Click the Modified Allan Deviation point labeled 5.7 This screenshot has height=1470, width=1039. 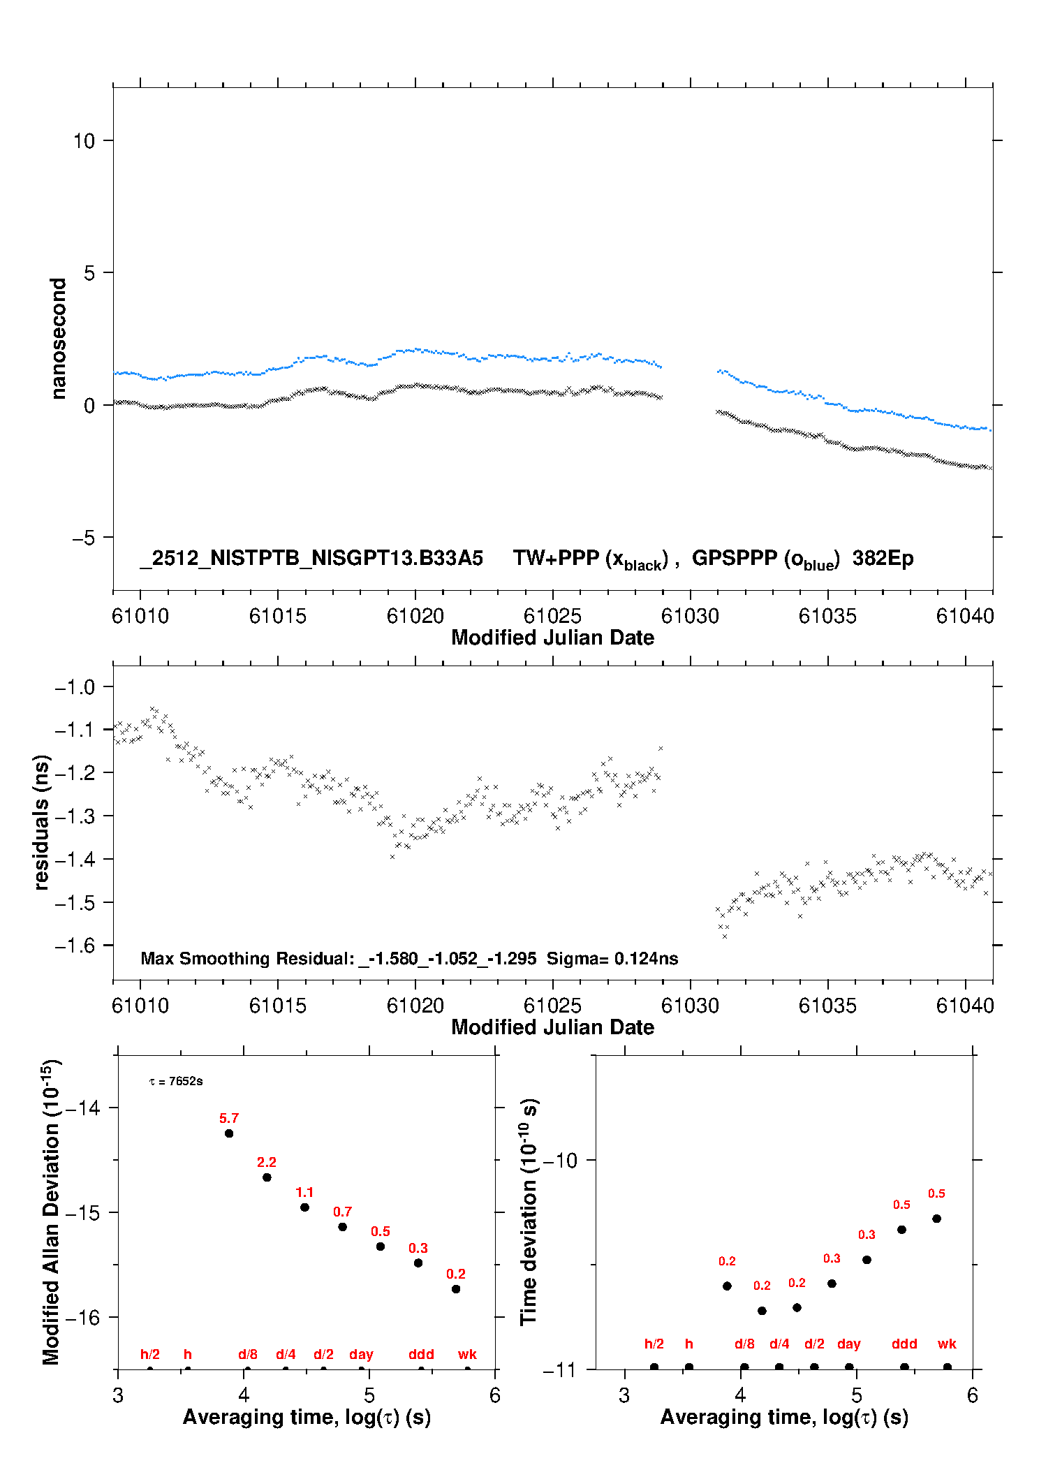229,1133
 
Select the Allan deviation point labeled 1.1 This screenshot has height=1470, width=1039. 304,1207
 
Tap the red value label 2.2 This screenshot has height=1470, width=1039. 267,1162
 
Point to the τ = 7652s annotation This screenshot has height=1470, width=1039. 176,1081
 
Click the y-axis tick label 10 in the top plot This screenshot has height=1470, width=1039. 84,141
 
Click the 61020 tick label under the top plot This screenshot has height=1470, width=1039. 415,616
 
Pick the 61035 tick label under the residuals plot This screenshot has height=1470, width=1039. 827,1006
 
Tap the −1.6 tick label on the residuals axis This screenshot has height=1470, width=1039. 75,946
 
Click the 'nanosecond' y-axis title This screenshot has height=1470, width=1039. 58,339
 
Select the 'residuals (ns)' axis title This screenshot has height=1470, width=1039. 41,823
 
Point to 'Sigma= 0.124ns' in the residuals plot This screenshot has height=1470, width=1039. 612,958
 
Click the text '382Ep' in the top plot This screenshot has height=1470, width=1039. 883,558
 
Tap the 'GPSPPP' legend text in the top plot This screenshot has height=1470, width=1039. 734,558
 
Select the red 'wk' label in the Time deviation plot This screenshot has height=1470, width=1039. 947,1344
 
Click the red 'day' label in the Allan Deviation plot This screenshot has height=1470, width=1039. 361,1354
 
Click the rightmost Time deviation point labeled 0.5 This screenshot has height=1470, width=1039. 937,1219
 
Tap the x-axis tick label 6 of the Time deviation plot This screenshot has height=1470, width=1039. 973,1395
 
